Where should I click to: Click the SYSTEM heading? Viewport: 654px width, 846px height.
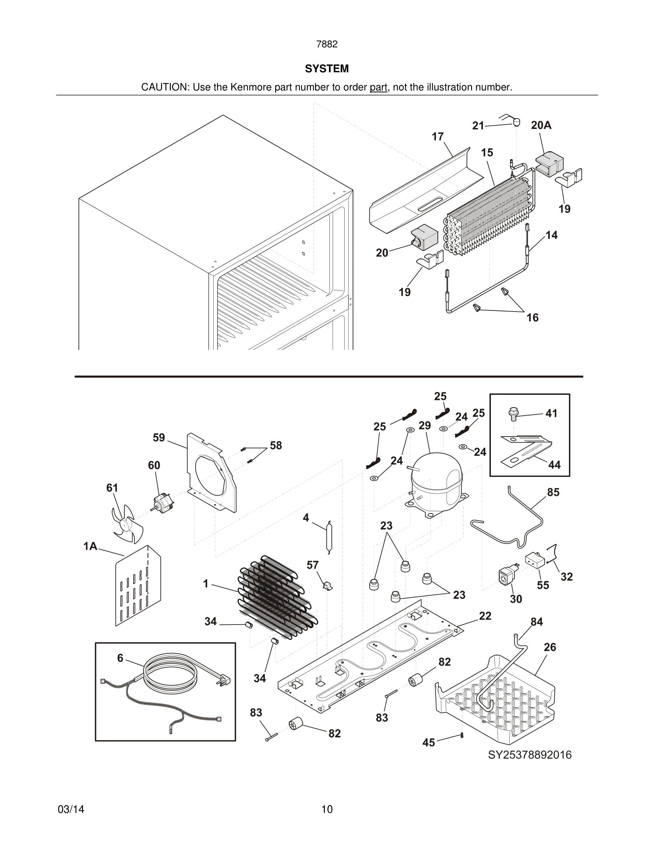coord(327,69)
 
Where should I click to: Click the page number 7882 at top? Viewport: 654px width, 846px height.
coord(327,44)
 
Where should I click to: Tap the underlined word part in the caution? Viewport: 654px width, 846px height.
coord(378,87)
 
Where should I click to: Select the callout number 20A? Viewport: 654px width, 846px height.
coord(541,125)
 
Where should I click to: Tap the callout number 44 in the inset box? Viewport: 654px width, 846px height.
coord(554,464)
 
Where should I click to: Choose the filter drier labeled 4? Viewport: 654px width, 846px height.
coord(328,537)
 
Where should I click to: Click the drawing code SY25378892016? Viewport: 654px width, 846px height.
coord(529,755)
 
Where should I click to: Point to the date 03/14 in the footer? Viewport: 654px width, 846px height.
coord(71,809)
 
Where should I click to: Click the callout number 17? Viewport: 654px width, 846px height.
coord(437,137)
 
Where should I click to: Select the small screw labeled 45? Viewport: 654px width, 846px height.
coord(462,736)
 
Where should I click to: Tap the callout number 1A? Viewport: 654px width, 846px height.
coord(90,546)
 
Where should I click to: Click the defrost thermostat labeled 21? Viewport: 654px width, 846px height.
coord(515,122)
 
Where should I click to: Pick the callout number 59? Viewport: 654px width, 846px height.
coord(159,438)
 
